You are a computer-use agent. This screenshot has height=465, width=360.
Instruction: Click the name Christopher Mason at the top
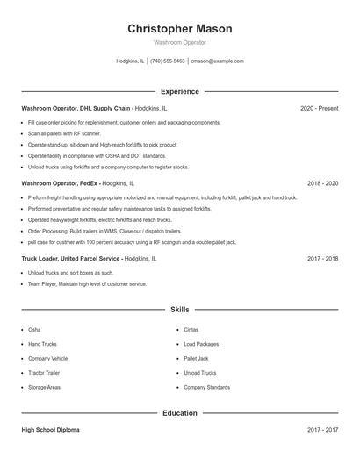click(179, 28)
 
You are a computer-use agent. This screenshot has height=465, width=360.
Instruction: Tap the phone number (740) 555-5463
click(167, 61)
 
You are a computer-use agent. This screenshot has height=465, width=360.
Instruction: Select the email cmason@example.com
click(217, 61)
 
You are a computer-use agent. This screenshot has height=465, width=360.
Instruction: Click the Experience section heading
click(179, 91)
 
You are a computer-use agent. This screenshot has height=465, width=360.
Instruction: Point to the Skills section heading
click(179, 310)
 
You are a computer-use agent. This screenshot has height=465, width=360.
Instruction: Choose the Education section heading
click(179, 412)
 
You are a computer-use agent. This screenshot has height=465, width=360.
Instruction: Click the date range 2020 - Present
click(319, 108)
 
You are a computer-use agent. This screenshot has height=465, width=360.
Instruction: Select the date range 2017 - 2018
click(322, 259)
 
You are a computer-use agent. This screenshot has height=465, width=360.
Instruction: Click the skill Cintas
click(191, 329)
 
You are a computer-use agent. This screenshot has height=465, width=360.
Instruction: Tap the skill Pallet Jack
click(196, 358)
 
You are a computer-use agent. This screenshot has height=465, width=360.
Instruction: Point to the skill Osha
click(34, 329)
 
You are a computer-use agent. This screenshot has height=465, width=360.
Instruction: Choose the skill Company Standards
click(207, 386)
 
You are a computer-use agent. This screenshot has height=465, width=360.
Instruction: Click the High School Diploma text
click(50, 430)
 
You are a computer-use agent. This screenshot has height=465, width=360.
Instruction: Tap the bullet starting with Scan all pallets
click(65, 133)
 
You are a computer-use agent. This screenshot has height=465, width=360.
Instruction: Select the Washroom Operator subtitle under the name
click(179, 42)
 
